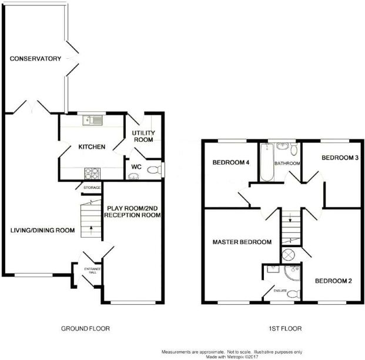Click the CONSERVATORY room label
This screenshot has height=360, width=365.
35,58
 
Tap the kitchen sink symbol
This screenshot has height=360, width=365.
92,120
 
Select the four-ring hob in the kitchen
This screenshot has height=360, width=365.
92,174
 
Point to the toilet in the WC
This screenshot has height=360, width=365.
155,170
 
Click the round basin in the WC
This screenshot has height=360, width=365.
133,176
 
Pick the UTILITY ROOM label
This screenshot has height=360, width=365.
143,136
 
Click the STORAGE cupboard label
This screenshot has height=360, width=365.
92,188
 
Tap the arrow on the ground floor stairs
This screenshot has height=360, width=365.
91,230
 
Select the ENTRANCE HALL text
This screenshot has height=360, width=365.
92,271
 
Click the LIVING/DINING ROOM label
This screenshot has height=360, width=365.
42,231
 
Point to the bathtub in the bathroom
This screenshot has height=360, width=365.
267,162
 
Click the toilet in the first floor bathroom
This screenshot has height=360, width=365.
294,149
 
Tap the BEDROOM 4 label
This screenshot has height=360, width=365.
231,162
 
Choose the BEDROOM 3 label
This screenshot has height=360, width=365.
340,158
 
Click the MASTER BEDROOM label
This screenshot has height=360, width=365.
242,242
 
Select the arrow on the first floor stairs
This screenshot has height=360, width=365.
290,218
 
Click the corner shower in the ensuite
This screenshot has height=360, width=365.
292,272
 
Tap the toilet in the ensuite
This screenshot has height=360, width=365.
294,294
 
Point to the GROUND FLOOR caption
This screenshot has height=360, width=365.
85,329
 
